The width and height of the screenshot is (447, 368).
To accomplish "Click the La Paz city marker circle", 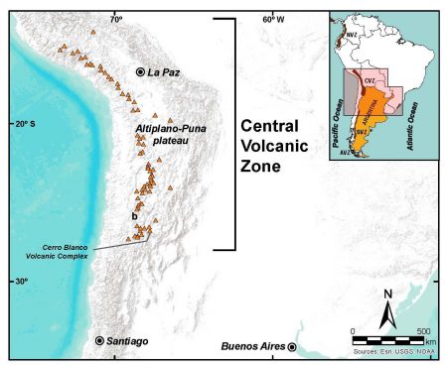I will tap(140, 72).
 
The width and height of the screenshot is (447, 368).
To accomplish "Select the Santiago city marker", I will tap(100, 340).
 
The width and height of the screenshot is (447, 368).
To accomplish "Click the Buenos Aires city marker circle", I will tap(293, 347).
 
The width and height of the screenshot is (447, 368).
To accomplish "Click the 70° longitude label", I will tap(116, 19).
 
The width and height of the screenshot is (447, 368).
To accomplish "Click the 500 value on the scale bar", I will tap(423, 330).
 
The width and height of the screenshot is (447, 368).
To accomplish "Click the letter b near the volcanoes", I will tap(133, 215).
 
